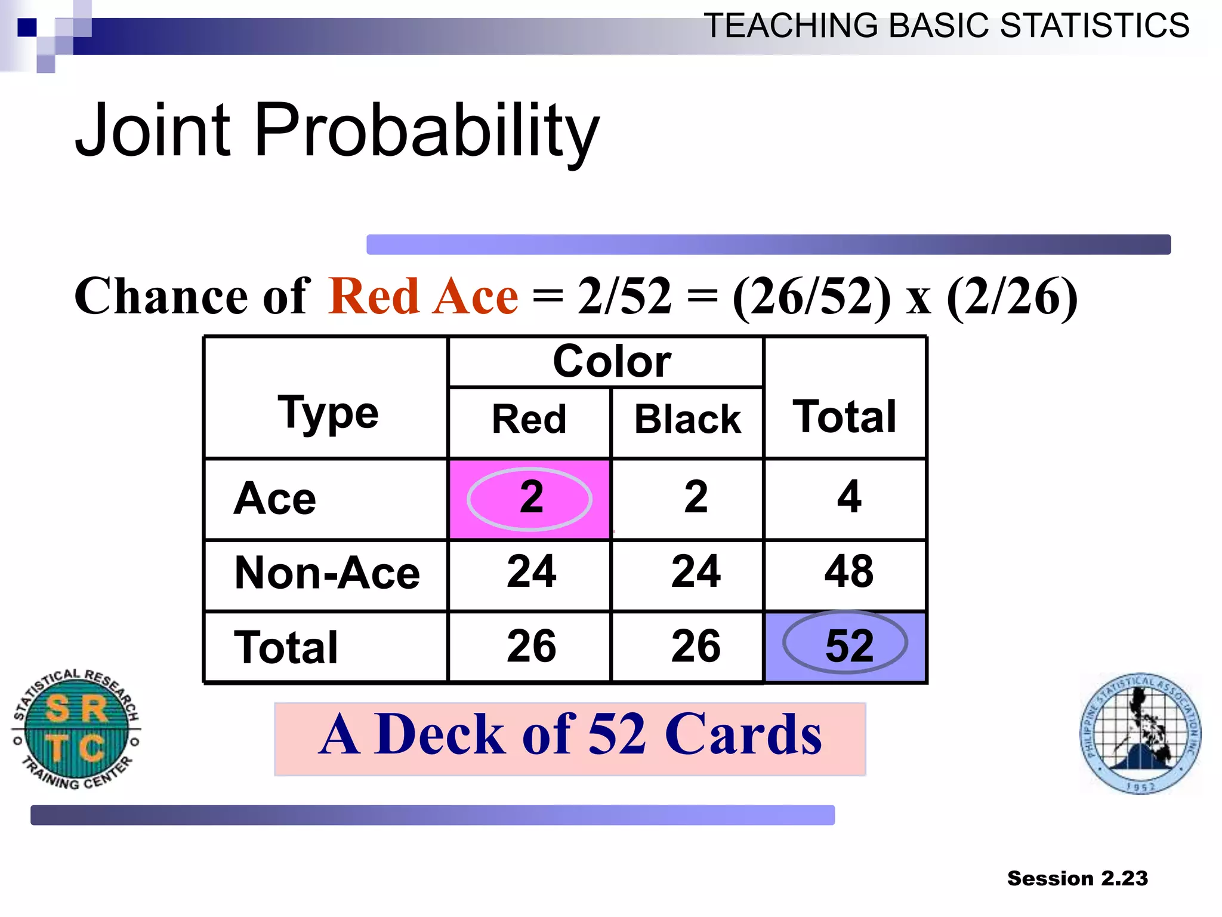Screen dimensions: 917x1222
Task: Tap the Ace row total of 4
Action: coord(848,497)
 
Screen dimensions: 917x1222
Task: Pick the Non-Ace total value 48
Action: coord(848,572)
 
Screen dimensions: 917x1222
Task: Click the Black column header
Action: coord(687,419)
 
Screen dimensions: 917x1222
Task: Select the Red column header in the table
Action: coord(529,419)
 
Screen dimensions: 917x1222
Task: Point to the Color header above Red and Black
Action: coord(611,362)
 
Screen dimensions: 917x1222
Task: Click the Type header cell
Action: coord(328,413)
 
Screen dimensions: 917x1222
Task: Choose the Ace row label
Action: coord(275,498)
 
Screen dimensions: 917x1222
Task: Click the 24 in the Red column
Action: coord(531,572)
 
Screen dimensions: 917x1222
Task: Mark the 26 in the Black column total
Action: coord(696,646)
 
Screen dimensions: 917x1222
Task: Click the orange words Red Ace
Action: coord(423,297)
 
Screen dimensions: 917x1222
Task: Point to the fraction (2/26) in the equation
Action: coord(1012,297)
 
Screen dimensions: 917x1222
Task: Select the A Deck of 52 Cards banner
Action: coord(570,738)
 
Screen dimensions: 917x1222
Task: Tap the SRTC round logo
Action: coord(76,728)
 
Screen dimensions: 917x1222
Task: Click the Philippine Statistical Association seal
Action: coord(1140,733)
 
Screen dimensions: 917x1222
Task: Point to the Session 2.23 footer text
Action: coord(1077,878)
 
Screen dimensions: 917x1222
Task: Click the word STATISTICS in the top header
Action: coord(1094,26)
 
